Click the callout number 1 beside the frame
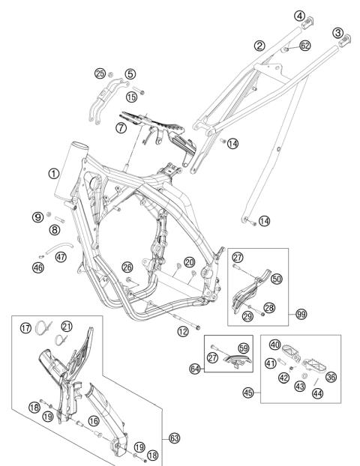(53, 174)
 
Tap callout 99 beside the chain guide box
(301, 314)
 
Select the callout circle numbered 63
(175, 438)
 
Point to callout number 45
(248, 393)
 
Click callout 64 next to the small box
(195, 369)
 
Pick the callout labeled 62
(305, 46)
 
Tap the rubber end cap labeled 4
(307, 23)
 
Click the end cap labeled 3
(345, 40)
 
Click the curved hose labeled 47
(58, 247)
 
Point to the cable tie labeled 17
(43, 328)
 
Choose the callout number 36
(331, 377)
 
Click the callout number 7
(121, 128)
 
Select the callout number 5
(130, 74)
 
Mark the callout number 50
(277, 279)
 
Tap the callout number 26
(127, 267)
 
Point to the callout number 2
(259, 46)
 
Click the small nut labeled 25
(110, 75)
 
